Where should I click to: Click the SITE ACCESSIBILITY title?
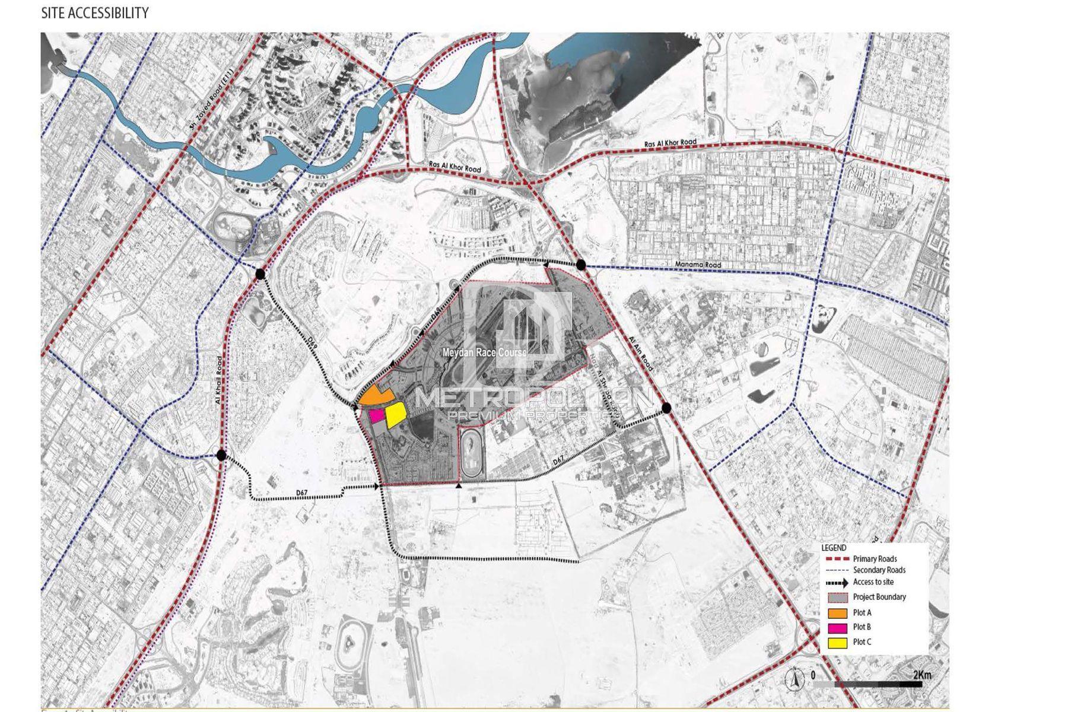95,13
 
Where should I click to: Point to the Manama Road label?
698,265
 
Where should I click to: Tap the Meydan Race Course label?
484,352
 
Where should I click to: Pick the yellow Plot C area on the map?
395,415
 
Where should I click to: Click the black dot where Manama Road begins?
581,265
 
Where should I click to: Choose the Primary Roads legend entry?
875,559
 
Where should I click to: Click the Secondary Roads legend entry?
879,570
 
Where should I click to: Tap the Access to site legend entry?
873,582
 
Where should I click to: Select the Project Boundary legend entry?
879,597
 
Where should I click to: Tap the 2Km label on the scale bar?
921,675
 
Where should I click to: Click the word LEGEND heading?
834,548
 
